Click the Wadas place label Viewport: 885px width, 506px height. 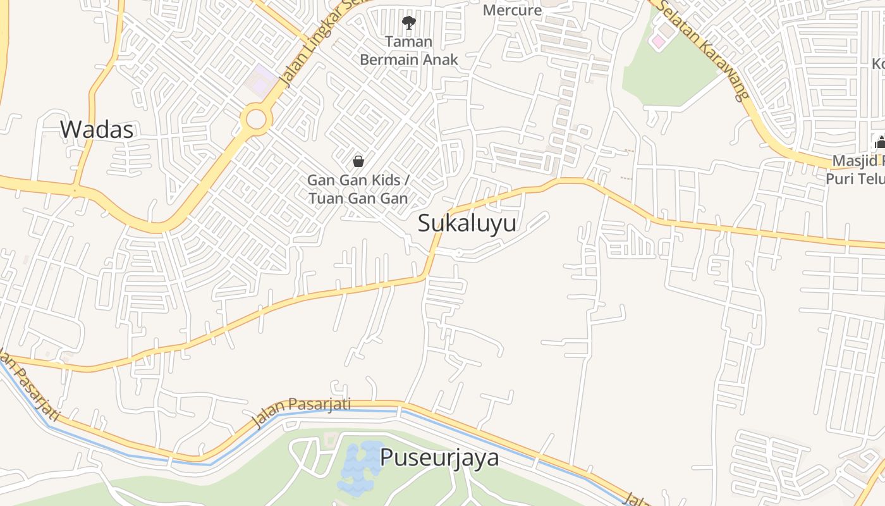(x=97, y=130)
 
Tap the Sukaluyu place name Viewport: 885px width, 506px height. (x=467, y=223)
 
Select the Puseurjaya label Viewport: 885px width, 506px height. (x=439, y=457)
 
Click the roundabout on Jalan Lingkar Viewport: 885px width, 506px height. (x=256, y=118)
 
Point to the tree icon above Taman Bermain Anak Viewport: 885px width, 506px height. (x=409, y=23)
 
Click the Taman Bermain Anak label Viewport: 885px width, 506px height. (x=409, y=51)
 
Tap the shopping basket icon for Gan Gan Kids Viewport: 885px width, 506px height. (x=358, y=161)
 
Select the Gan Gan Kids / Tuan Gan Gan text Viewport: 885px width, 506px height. (x=358, y=189)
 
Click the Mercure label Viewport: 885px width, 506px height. (x=513, y=10)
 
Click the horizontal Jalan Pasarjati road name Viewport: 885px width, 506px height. (x=302, y=412)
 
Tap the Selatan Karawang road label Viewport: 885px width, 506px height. (x=702, y=49)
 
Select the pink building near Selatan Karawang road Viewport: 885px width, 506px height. (x=659, y=41)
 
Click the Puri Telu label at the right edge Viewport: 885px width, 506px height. (x=855, y=178)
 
